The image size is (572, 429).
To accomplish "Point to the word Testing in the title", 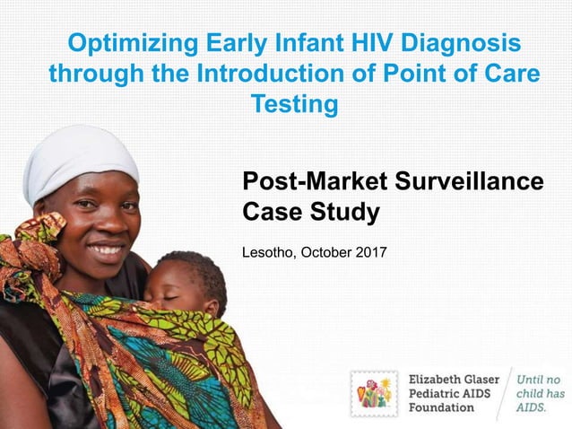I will [294, 105].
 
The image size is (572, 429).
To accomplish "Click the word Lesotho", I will [267, 251].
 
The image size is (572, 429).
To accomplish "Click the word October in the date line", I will [324, 251].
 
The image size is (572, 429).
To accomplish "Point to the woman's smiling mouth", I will [107, 249].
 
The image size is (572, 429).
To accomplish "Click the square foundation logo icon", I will [374, 393].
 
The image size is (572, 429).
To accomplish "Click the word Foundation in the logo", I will [442, 408].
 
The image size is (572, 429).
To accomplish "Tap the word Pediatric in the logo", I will [438, 393].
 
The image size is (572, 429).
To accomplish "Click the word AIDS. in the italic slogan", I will [531, 408].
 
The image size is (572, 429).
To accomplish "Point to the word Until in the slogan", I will [531, 378].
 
